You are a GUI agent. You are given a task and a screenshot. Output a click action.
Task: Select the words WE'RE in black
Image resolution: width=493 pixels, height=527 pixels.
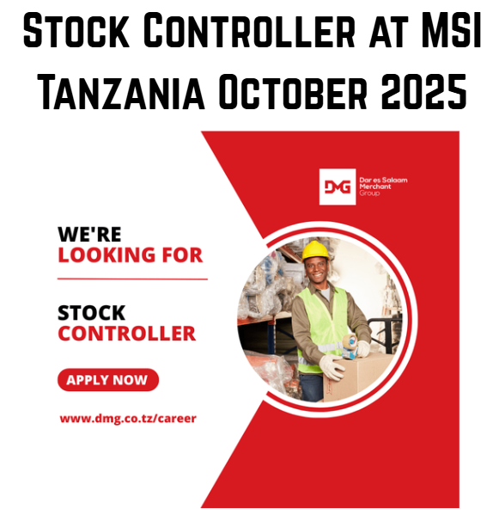coord(90,234)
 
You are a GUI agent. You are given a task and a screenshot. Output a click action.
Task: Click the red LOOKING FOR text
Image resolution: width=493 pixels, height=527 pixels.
coord(131,255)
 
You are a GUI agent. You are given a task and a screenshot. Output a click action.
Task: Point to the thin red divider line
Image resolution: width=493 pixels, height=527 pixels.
coord(132,279)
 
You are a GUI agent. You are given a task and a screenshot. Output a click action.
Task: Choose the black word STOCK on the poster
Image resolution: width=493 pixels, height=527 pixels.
coord(92,313)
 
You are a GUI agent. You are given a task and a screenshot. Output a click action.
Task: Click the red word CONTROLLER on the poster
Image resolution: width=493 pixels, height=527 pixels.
coord(126,334)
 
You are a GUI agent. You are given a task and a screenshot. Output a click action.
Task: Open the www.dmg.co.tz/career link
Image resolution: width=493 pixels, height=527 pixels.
coord(128,419)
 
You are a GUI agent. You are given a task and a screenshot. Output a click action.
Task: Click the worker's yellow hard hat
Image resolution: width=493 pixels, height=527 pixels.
coord(316,249)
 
